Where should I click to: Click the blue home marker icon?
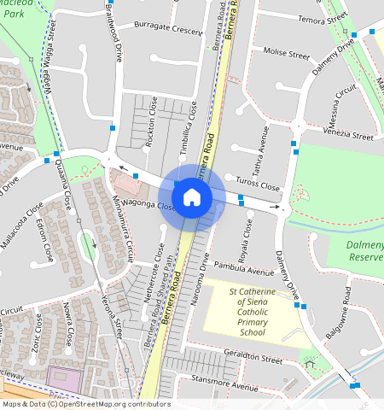(x=192, y=198)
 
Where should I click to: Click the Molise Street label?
(x=286, y=53)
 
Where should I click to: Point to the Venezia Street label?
(x=351, y=135)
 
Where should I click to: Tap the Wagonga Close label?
(x=133, y=205)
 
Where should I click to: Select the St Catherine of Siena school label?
(x=265, y=312)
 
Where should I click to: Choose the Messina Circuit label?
(x=346, y=102)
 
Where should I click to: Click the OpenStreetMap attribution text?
(x=86, y=404)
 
